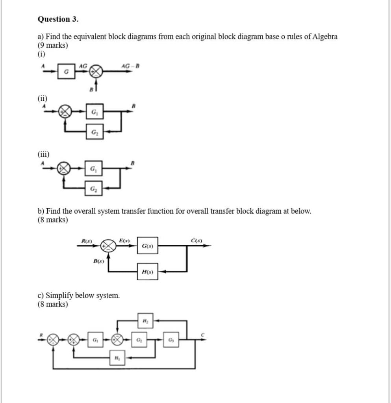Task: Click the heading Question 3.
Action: click(58, 19)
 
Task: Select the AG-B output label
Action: click(130, 65)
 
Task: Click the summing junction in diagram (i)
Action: click(96, 72)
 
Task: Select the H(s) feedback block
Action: click(147, 272)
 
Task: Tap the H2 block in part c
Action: click(145, 321)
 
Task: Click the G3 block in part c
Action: click(171, 339)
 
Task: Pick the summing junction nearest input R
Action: click(53, 340)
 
